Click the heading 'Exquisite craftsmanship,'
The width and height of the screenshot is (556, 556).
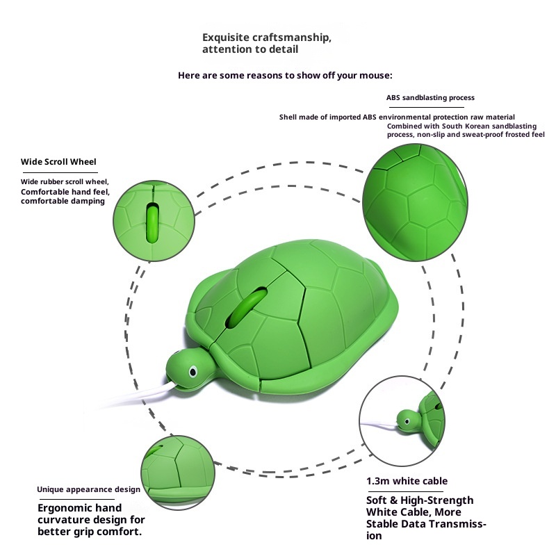(x=266, y=37)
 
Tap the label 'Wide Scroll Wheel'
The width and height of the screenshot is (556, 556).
(x=58, y=162)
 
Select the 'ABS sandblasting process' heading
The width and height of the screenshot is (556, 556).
(x=430, y=98)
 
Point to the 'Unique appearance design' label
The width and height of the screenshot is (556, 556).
(x=88, y=489)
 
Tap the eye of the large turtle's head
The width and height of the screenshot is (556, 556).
(x=193, y=369)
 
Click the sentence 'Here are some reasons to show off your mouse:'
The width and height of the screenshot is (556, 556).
(x=285, y=74)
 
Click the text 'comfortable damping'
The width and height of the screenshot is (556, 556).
(x=63, y=201)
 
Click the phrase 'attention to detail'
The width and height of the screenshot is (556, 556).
(x=250, y=49)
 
